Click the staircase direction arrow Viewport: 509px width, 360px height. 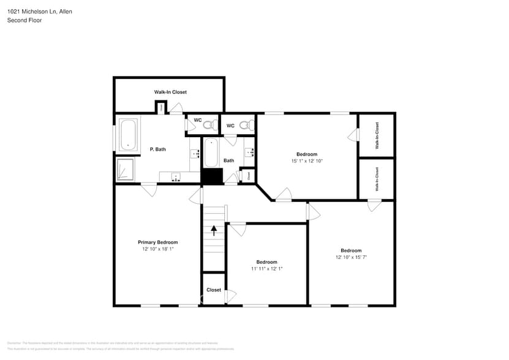pyautogui.click(x=214, y=230)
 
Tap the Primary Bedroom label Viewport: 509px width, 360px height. pyautogui.click(x=157, y=242)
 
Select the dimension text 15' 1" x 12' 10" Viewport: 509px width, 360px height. pyautogui.click(x=307, y=161)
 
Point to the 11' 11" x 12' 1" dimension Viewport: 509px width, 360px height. pyautogui.click(x=266, y=269)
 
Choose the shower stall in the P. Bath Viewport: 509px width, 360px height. pyautogui.click(x=126, y=170)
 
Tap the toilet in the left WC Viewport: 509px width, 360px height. pyautogui.click(x=208, y=125)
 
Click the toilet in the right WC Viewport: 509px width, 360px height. pyautogui.click(x=245, y=126)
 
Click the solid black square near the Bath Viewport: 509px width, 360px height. pyautogui.click(x=212, y=176)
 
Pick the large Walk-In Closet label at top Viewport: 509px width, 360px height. pyautogui.click(x=170, y=92)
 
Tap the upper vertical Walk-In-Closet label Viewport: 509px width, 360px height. pyautogui.click(x=377, y=136)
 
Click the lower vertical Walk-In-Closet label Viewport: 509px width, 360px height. pyautogui.click(x=377, y=179)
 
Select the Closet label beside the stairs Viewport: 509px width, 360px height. pyautogui.click(x=214, y=290)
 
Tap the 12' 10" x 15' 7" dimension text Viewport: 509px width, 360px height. pyautogui.click(x=351, y=257)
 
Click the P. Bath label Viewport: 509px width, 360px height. pyautogui.click(x=157, y=149)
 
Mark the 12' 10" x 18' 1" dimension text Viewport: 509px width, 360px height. pyautogui.click(x=157, y=249)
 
